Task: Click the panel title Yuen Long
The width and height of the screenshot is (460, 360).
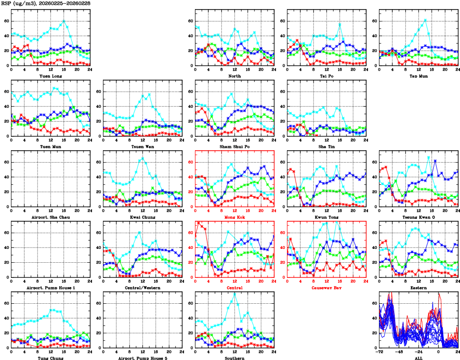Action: tap(50, 76)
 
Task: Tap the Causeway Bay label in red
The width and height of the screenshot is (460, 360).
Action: tap(327, 288)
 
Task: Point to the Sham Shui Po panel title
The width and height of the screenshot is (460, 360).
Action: tap(234, 146)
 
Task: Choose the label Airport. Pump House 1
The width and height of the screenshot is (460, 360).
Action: tap(50, 288)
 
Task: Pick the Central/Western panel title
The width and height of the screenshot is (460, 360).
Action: tap(142, 288)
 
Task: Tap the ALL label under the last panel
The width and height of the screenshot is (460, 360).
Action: tap(419, 358)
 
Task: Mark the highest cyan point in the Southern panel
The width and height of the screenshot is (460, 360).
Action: tap(235, 292)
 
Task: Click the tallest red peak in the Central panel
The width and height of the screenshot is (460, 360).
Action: tap(199, 223)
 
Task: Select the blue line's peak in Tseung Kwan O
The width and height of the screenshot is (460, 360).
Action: tap(435, 161)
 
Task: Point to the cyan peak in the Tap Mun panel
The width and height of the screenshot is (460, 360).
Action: tap(425, 20)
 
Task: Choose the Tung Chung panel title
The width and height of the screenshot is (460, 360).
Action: tap(50, 358)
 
